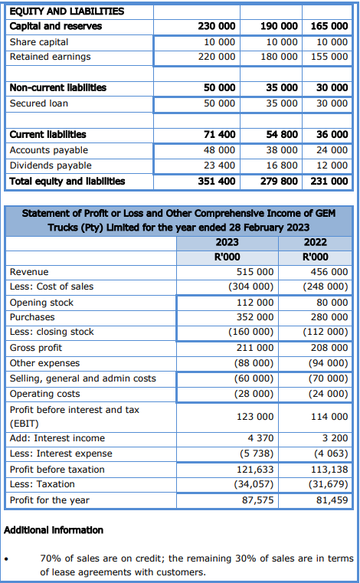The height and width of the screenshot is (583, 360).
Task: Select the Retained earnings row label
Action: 50,57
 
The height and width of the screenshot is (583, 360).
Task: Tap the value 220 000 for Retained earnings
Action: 217,57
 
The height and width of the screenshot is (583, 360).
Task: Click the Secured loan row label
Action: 38,103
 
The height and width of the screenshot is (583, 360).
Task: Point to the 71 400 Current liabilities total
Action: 220,134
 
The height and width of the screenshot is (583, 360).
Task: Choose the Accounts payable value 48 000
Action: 220,149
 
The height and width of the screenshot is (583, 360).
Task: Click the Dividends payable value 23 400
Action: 220,165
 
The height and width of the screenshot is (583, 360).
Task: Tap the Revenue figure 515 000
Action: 255,272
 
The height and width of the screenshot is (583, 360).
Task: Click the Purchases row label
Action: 32,316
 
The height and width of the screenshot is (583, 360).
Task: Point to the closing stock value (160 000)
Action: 251,332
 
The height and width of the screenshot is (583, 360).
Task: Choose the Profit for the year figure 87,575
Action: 257,500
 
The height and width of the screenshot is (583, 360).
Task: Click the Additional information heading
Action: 54,530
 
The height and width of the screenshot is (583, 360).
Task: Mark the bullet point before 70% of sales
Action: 7,558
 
